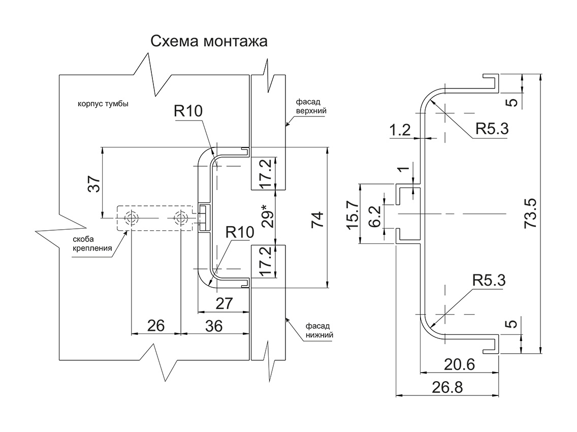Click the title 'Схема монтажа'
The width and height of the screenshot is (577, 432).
pos(209,42)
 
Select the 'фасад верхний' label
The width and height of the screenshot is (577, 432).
pos(311,106)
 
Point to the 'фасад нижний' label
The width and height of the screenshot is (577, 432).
pos(319,330)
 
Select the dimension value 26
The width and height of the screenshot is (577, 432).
pos(155,326)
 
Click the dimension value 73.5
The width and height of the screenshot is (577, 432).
pos(530,215)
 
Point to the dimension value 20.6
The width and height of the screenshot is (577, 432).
pos(459,365)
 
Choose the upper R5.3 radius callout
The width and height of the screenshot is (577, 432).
pos(492,129)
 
